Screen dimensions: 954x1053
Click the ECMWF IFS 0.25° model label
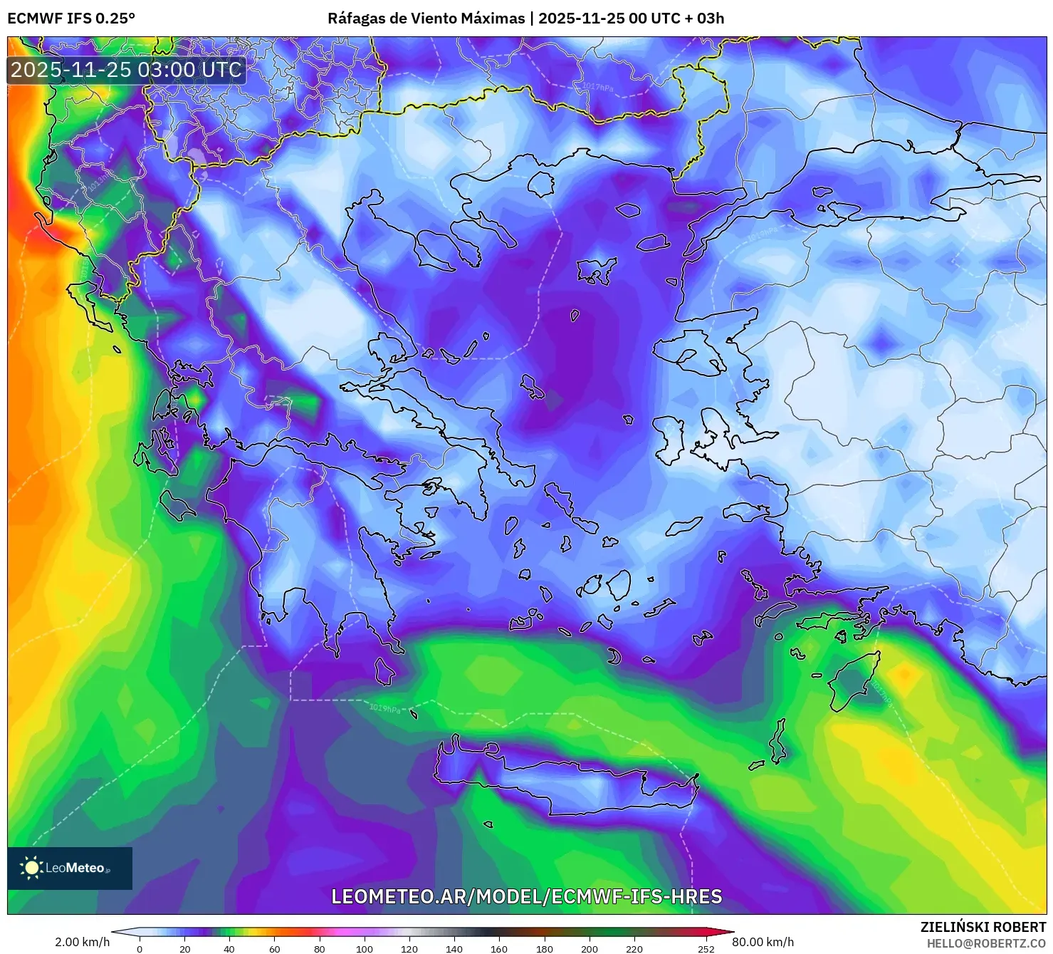point(71,19)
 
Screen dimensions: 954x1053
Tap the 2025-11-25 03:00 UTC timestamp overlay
point(126,70)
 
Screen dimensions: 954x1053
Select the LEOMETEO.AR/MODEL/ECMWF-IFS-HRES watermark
point(527,896)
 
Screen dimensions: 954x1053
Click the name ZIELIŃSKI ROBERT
point(983,927)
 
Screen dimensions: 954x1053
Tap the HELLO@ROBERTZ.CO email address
point(986,943)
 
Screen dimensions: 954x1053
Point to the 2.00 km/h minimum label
point(82,942)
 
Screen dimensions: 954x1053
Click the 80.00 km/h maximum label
point(763,942)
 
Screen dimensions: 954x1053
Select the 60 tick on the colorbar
point(274,949)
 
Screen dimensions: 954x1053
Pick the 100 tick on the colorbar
point(364,949)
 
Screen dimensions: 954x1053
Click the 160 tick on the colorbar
point(498,949)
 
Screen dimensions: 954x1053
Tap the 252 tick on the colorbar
point(706,949)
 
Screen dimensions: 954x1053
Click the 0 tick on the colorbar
point(140,949)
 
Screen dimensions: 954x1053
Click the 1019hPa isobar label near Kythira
point(384,708)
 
